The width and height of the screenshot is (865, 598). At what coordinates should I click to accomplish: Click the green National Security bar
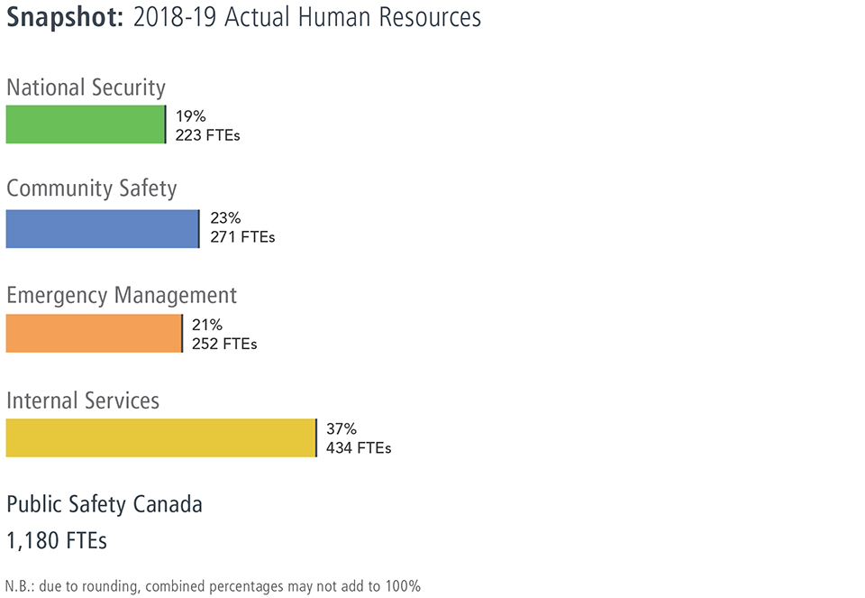pyautogui.click(x=86, y=124)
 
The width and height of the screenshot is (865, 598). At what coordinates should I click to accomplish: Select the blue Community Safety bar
pyautogui.click(x=102, y=229)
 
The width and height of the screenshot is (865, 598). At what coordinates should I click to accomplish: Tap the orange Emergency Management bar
pyautogui.click(x=94, y=334)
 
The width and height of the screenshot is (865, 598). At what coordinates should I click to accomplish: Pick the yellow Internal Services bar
pyautogui.click(x=160, y=438)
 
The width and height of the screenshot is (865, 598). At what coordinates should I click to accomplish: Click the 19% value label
pyautogui.click(x=190, y=116)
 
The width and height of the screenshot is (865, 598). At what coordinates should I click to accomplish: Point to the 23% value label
pyautogui.click(x=224, y=219)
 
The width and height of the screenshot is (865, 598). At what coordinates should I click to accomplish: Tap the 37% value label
pyautogui.click(x=341, y=429)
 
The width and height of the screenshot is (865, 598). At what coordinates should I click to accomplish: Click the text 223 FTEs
pyautogui.click(x=207, y=135)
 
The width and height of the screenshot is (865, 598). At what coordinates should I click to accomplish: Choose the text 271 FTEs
pyautogui.click(x=241, y=238)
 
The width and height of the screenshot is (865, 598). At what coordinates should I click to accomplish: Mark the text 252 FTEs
pyautogui.click(x=224, y=344)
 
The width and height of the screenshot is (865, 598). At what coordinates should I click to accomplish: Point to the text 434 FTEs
pyautogui.click(x=359, y=448)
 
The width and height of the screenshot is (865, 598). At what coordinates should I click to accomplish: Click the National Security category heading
pyautogui.click(x=86, y=87)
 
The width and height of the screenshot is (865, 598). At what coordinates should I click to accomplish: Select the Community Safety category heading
pyautogui.click(x=91, y=189)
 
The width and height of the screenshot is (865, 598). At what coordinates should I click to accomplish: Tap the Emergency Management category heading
pyautogui.click(x=122, y=295)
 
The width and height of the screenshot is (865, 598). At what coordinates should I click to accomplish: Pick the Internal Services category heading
pyautogui.click(x=83, y=400)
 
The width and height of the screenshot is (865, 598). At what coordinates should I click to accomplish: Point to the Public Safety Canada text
pyautogui.click(x=105, y=504)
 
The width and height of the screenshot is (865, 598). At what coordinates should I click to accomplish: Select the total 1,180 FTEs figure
pyautogui.click(x=57, y=541)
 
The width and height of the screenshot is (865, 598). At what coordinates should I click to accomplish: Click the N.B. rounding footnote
pyautogui.click(x=213, y=586)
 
